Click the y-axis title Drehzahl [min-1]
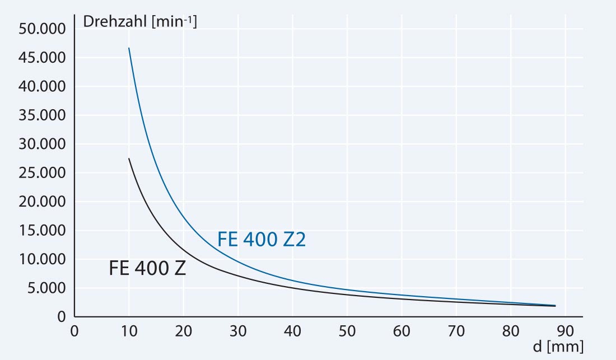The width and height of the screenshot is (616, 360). (139, 23)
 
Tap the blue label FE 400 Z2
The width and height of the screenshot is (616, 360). (262, 240)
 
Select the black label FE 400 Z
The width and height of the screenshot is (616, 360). (147, 269)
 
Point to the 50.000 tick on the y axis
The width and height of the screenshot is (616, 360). (43, 29)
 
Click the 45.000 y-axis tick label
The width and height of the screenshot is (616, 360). (43, 58)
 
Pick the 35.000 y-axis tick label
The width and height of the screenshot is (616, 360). (43, 115)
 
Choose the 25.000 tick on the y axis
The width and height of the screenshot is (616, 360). (43, 173)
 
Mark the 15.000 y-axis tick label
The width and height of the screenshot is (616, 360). (43, 231)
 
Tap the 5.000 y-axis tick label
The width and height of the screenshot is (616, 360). (46, 288)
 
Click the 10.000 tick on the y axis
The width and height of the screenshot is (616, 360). (43, 260)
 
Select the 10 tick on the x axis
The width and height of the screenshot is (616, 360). (129, 330)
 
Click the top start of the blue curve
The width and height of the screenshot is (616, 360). (129, 48)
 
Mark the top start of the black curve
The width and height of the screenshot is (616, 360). (129, 158)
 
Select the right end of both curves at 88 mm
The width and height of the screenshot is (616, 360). (554, 306)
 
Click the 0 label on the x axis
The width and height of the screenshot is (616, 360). (74, 330)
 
